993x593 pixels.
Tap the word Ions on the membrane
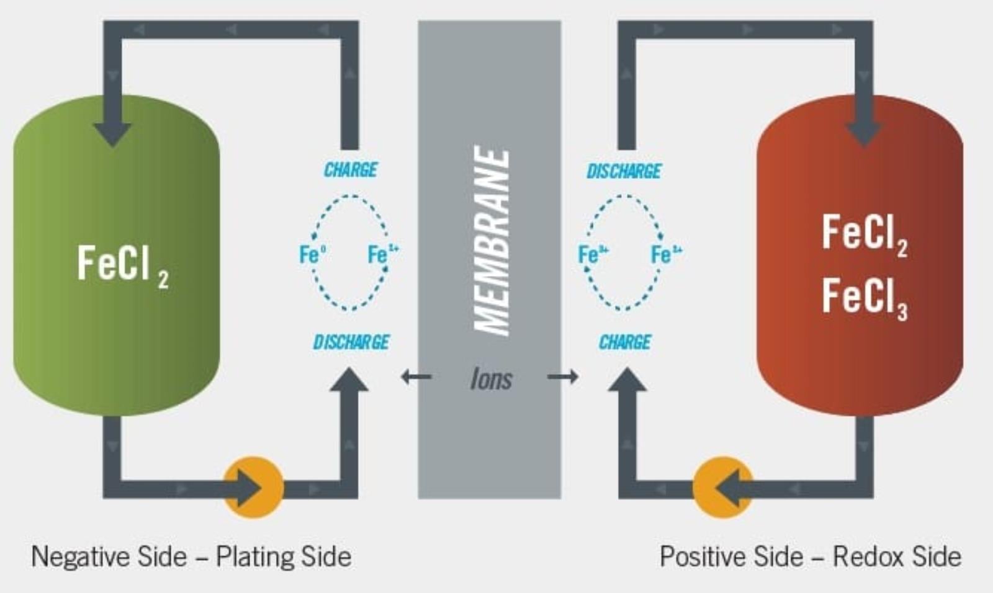coord(491,379)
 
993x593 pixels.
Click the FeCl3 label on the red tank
coord(864,298)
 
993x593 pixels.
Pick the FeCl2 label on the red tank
coord(864,234)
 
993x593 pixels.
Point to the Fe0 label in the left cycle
coord(312,254)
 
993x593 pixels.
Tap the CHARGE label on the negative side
coord(351,169)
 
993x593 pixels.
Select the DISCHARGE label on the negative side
coord(351,342)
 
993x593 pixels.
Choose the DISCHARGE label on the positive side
coord(624,171)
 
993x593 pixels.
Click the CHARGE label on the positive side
coord(625,342)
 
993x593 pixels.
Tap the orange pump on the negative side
coord(253,488)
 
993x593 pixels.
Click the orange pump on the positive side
coord(722,488)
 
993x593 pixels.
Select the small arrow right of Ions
coord(563,377)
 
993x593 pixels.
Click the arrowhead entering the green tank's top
coord(112,133)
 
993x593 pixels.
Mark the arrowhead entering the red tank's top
coord(864,133)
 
